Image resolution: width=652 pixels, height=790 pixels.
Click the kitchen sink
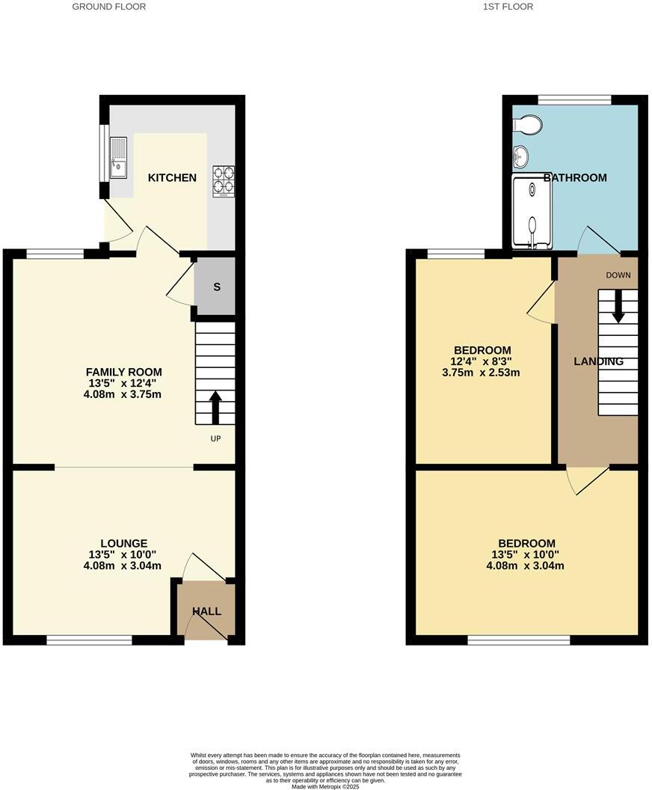click(x=119, y=158)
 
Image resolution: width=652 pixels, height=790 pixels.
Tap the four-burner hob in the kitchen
click(x=224, y=180)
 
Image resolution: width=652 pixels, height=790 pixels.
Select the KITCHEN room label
click(x=172, y=178)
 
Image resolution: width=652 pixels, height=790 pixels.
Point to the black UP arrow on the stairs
click(x=215, y=407)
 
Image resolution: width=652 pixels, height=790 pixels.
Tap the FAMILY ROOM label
click(x=124, y=372)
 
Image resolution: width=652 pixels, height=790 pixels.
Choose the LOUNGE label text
click(x=124, y=543)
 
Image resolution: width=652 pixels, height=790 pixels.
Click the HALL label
click(x=206, y=611)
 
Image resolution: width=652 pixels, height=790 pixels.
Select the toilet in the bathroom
click(x=529, y=125)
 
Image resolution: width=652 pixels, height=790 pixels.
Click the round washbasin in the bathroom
click(x=520, y=156)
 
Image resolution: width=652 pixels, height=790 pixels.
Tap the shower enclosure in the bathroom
click(x=532, y=212)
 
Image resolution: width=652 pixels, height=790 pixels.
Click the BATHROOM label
click(x=575, y=178)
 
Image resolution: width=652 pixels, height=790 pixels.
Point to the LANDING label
click(x=598, y=361)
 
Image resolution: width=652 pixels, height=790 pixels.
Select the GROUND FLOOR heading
click(x=109, y=7)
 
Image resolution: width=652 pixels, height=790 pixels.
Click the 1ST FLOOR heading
click(x=508, y=7)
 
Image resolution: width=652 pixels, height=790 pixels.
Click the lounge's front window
click(x=89, y=640)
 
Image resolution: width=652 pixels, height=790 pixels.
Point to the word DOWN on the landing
click(x=618, y=275)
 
